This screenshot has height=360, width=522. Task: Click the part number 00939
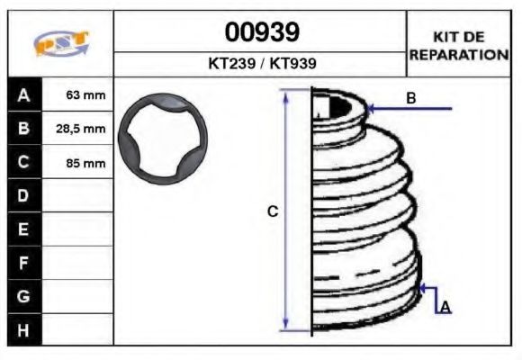261,32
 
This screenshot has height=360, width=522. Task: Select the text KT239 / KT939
261,65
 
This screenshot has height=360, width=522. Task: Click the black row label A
23,94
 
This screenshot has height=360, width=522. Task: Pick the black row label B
23,129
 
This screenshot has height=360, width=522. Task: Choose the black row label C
23,162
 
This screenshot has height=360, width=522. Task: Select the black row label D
23,195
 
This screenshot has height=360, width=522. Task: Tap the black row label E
23,229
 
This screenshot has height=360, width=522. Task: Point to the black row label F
23,262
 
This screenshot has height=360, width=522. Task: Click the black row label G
23,295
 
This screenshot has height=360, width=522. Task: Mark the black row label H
23,329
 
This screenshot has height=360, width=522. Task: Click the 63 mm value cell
77,94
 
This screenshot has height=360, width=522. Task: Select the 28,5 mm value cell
77,129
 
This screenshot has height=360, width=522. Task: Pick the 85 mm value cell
77,163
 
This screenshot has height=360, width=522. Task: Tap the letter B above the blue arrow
410,98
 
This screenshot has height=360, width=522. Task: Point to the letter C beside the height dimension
273,211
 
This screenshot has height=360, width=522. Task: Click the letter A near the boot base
445,308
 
